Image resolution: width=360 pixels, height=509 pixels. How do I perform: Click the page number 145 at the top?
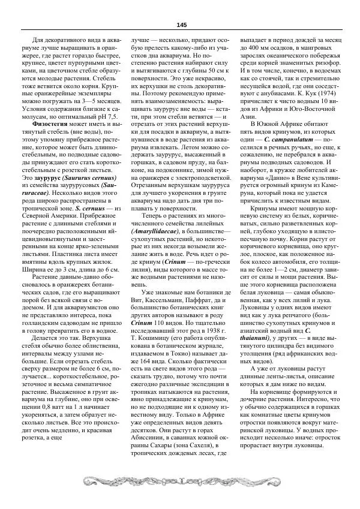(181, 25)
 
